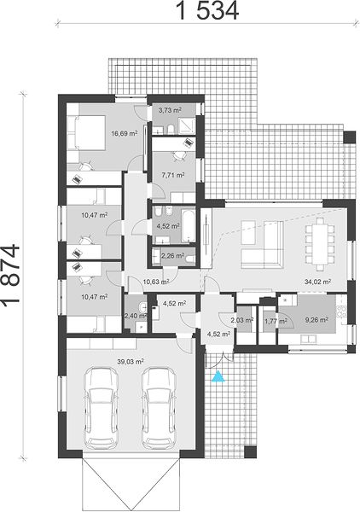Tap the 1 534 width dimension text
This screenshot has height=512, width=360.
[207, 11]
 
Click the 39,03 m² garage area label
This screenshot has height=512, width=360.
[131, 362]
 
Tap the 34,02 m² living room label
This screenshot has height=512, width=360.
[318, 282]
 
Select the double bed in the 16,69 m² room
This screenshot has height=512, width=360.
[86, 132]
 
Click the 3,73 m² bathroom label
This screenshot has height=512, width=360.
[170, 110]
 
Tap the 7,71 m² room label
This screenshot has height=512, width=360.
[173, 175]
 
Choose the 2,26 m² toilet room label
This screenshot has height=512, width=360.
[172, 255]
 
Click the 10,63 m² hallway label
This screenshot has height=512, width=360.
[155, 281]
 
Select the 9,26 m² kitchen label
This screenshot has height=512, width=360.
[316, 320]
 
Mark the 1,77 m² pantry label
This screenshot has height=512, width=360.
[276, 322]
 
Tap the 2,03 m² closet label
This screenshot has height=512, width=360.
[242, 320]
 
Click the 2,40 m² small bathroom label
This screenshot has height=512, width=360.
[136, 316]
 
